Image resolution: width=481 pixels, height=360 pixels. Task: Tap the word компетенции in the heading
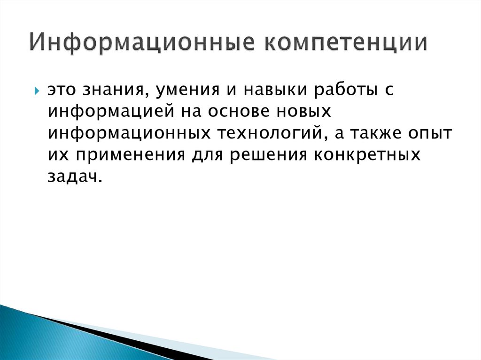347,42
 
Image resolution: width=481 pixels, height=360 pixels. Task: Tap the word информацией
111,112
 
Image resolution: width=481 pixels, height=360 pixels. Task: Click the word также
376,133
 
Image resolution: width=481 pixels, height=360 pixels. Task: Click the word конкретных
364,155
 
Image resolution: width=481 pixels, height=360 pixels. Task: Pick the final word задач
74,176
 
